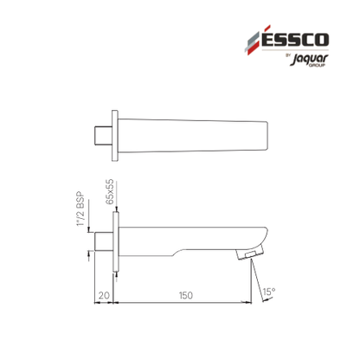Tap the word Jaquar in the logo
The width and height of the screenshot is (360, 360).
[x=309, y=60]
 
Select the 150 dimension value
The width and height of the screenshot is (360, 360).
[x=185, y=295]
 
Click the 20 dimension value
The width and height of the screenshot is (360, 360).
[x=104, y=295]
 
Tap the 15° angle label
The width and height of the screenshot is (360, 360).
[x=269, y=292]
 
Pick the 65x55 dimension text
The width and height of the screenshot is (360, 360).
[x=110, y=192]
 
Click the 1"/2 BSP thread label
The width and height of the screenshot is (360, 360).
[x=81, y=209]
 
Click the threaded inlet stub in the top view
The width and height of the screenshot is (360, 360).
[x=104, y=136]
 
